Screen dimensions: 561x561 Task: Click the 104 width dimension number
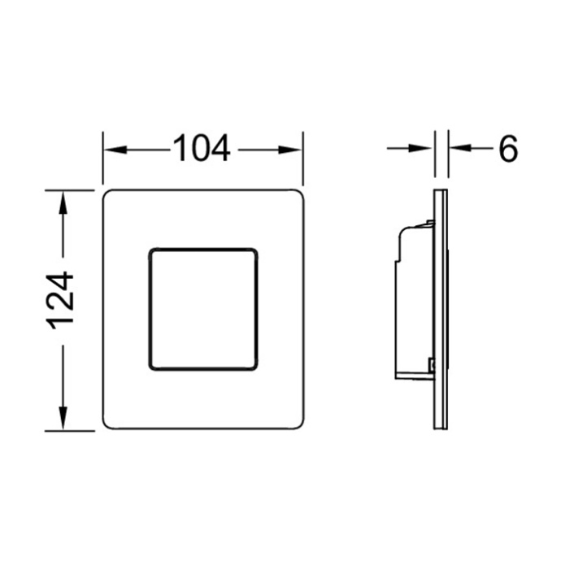pyautogui.click(x=201, y=149)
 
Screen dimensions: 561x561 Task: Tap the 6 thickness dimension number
pyautogui.click(x=508, y=149)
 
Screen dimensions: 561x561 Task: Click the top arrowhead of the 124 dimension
pyautogui.click(x=62, y=199)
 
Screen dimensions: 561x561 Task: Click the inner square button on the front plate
pyautogui.click(x=202, y=308)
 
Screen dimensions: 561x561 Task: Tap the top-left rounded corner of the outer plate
pyautogui.click(x=108, y=195)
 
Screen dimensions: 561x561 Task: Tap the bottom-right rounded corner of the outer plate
pyautogui.click(x=298, y=424)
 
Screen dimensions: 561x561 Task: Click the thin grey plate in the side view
pyautogui.click(x=441, y=309)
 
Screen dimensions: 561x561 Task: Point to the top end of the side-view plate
pyautogui.click(x=441, y=192)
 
